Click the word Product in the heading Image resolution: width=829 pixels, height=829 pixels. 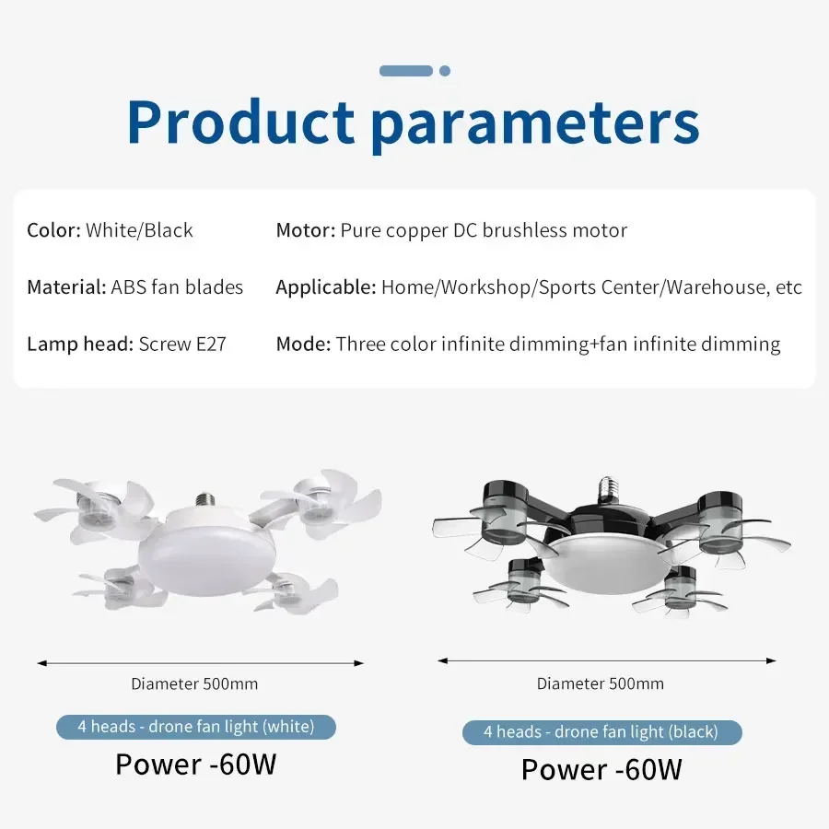(x=240, y=123)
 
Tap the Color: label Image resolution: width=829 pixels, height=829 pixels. (x=53, y=230)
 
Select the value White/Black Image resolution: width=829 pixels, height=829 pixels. (x=139, y=230)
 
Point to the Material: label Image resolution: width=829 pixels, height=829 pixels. (x=66, y=287)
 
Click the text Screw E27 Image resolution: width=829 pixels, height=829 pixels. (x=182, y=344)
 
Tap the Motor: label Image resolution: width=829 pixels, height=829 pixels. (x=305, y=230)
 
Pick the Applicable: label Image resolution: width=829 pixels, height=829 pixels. (x=326, y=287)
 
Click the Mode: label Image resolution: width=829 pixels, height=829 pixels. (x=303, y=344)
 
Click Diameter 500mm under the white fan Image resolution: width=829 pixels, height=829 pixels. (x=194, y=683)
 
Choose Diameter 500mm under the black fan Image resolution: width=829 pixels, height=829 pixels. (x=601, y=683)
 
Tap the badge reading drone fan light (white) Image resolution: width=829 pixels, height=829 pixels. (x=195, y=727)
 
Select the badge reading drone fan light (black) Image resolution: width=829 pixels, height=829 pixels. (x=601, y=732)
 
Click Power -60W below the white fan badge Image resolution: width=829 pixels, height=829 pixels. (x=195, y=765)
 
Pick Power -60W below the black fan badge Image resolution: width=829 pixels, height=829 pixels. (x=601, y=769)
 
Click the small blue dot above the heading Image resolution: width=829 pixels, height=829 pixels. (x=445, y=71)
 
